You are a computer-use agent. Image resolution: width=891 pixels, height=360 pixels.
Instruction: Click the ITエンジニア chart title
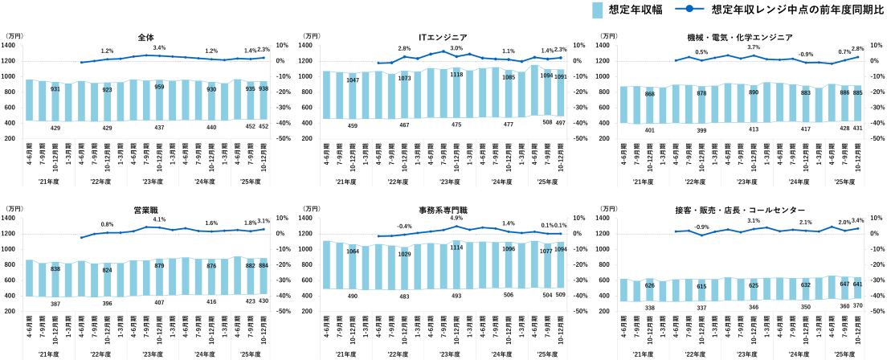point(443,37)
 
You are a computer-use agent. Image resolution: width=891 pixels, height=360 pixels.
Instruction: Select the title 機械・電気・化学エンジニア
point(739,37)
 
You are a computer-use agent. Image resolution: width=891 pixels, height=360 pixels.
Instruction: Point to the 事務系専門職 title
point(443,211)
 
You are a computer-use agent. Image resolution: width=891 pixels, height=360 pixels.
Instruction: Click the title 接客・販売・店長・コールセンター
point(739,211)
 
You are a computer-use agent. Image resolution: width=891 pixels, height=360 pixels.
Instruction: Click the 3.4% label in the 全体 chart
point(159,48)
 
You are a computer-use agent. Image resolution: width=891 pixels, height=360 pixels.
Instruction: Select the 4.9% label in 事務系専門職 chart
point(456,219)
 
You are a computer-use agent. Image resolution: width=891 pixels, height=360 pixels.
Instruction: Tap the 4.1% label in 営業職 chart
point(159,219)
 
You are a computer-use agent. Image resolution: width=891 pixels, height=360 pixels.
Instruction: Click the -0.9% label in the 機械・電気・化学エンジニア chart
point(806,54)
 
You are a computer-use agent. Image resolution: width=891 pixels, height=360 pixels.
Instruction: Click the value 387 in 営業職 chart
point(55,304)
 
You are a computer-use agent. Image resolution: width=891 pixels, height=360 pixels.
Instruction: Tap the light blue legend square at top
point(598,10)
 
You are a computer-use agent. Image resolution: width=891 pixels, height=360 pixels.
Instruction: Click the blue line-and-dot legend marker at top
point(689,9)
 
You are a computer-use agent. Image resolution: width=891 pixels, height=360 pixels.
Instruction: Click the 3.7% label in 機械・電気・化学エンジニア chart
point(753,48)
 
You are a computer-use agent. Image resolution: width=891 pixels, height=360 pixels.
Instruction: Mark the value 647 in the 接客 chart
point(844,284)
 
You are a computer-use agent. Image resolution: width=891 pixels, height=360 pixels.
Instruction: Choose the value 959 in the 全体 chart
point(159,87)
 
